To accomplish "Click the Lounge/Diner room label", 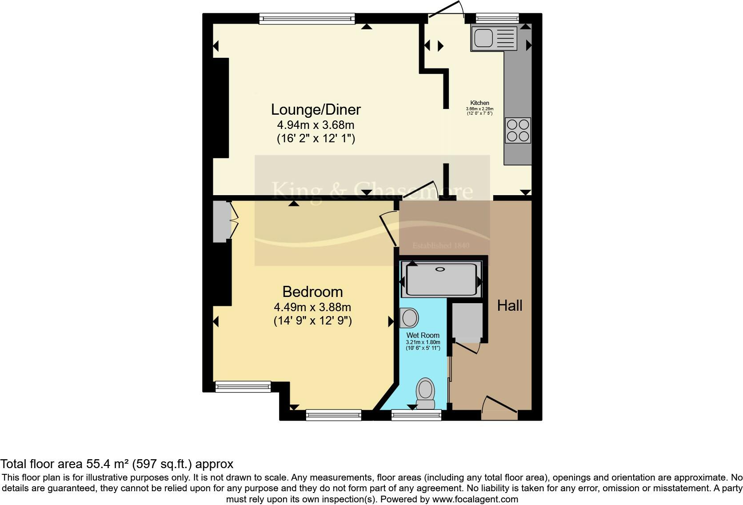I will click(x=316, y=109).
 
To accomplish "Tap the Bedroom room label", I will click(x=312, y=292).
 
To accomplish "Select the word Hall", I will click(x=509, y=305).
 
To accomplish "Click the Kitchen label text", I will click(x=479, y=103).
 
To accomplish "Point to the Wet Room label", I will click(x=423, y=335).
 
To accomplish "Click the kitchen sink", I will click(x=494, y=38).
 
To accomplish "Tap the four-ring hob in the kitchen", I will click(x=518, y=130).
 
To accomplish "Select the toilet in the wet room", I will click(x=426, y=393).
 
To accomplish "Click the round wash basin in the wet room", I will click(x=409, y=318).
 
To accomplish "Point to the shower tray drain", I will click(x=440, y=269).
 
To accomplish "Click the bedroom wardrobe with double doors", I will click(x=220, y=221).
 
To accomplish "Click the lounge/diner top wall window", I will click(x=307, y=18).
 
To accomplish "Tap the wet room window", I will click(x=416, y=415).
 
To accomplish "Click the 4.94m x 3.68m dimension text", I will click(x=316, y=125).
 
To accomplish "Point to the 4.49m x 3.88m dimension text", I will click(x=312, y=307).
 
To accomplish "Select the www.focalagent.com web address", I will click(x=475, y=499).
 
